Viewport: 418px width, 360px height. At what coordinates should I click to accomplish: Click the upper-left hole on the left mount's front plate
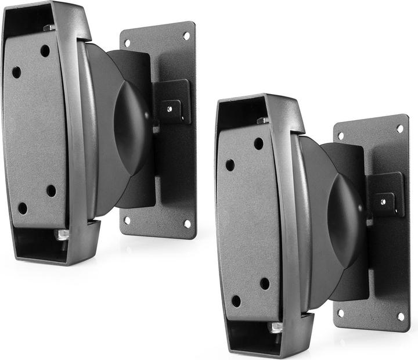tap(16, 72)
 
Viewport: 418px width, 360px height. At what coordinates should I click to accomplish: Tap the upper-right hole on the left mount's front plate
tap(45, 51)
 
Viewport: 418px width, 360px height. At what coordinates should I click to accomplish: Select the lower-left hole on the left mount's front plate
tap(22, 208)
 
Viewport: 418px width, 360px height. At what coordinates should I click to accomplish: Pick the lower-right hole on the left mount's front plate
tap(51, 190)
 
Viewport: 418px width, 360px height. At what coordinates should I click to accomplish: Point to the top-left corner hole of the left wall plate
tap(127, 42)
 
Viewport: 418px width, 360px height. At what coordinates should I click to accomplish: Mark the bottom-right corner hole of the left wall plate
tap(187, 223)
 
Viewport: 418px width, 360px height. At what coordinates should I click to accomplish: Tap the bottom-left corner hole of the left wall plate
tap(128, 220)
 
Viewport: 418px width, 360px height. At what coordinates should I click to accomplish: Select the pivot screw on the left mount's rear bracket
tap(170, 107)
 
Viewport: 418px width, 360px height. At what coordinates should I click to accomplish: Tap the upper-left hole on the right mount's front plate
tap(230, 165)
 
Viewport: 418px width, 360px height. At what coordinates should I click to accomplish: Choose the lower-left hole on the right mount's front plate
tap(236, 301)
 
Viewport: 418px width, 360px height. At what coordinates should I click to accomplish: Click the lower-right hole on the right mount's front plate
tap(265, 283)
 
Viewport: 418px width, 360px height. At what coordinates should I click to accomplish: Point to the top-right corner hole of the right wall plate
tap(400, 128)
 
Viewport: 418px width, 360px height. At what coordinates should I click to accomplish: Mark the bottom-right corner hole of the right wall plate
tap(401, 316)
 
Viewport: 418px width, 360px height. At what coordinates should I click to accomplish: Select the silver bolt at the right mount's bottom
tap(276, 327)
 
